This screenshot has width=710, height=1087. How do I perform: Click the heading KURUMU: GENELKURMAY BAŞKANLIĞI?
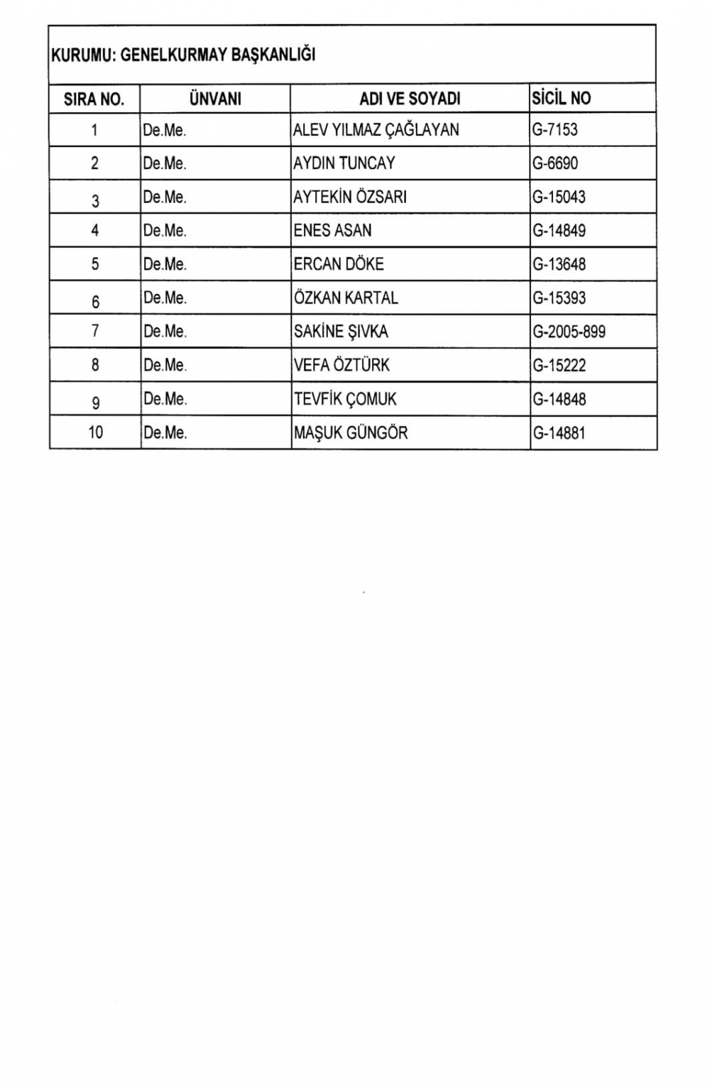pos(183,55)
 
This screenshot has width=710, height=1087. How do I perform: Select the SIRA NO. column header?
pos(94,99)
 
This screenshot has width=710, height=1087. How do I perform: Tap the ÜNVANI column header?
pos(215,99)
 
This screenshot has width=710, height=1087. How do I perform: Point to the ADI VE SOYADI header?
pos(410,99)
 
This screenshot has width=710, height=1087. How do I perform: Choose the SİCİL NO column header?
pos(561,98)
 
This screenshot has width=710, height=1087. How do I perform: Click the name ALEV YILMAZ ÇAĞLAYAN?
pos(376,130)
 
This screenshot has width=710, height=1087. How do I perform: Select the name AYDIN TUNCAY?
pos(344,163)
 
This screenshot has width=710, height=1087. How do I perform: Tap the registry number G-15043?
pos(559,197)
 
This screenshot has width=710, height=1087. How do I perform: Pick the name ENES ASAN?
pos(332,231)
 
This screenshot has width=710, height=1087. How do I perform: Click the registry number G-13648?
pos(559,264)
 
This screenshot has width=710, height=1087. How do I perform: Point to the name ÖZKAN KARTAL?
pos(346,297)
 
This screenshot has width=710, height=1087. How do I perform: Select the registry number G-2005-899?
pos(569,332)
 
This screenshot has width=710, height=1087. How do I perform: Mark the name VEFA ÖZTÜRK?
pos(342,365)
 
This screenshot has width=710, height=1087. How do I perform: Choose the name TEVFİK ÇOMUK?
pos(345,399)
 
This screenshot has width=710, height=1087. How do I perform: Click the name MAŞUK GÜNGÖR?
pos(351,432)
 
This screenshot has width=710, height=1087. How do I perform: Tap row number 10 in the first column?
pos(95,432)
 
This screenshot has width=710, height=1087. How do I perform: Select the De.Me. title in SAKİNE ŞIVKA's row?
pos(165,332)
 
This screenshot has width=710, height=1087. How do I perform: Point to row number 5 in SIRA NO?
pos(95,264)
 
